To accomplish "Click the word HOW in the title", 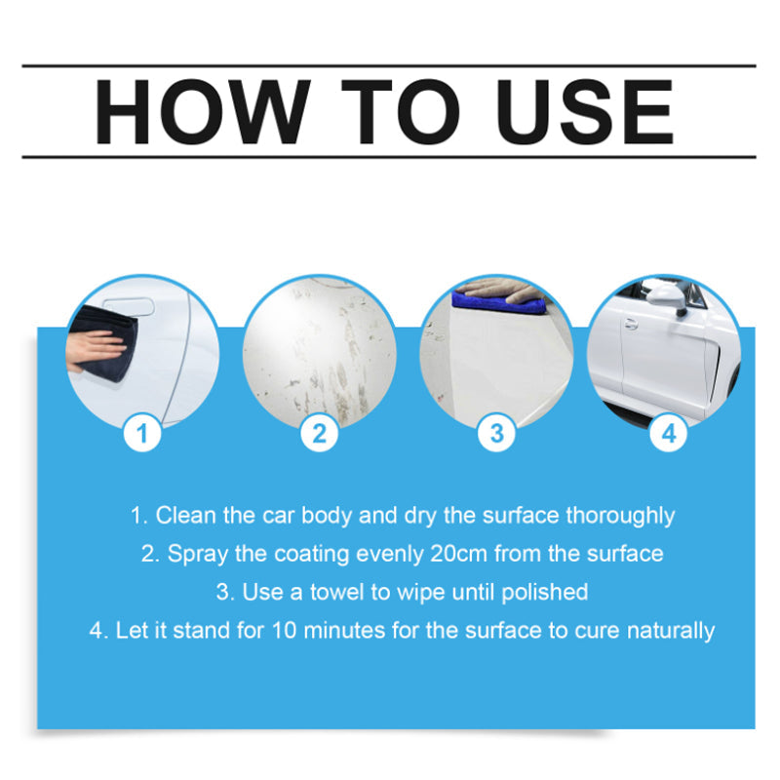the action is [x=203, y=111].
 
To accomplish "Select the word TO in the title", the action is [x=401, y=111].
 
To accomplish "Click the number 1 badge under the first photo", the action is [x=142, y=433].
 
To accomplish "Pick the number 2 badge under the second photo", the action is [x=320, y=433].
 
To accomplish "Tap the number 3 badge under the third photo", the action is [x=496, y=433].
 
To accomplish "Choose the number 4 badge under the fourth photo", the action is [x=669, y=433].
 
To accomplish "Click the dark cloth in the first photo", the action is [x=107, y=343].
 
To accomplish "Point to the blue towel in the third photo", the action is [x=497, y=303].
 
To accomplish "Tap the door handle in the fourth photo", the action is [x=631, y=325].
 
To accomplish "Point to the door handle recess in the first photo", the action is [x=129, y=306].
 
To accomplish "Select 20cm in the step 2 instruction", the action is [x=458, y=554].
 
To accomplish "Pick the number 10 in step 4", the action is [x=284, y=631].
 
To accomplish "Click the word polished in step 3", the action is [x=545, y=593].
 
